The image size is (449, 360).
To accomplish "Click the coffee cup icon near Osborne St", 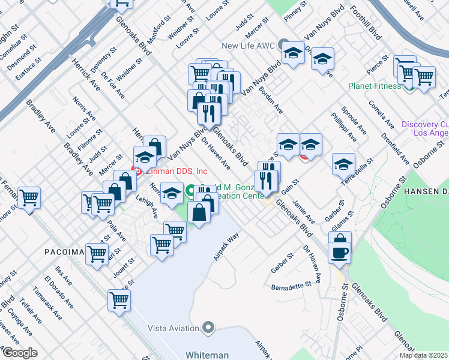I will pos(340,251).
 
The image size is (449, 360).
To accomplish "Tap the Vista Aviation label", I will pos(175,328).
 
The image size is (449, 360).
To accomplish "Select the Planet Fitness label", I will pos(375,86).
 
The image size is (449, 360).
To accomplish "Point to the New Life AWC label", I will pos(247,45).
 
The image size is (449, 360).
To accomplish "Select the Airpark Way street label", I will pos(227,246).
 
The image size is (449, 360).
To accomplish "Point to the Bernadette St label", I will pos(293,287).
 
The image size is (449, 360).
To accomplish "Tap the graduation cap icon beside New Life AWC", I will pos(294,54).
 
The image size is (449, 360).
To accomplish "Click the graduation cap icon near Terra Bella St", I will pos(343,163).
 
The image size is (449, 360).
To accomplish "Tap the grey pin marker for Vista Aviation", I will pos(208,328).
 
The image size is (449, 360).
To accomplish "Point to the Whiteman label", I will pos(207,355).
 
